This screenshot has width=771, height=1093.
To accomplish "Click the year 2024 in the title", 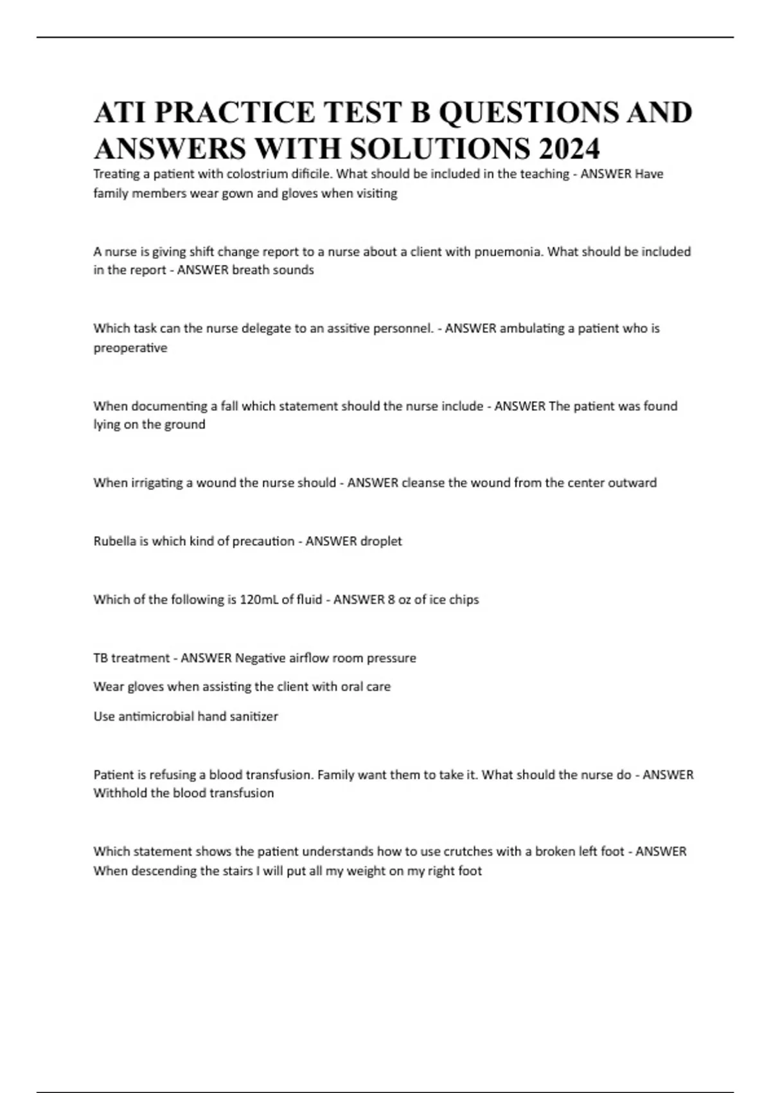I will [569, 149].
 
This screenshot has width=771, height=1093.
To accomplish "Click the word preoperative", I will [130, 348].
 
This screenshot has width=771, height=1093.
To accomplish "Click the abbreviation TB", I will [100, 658].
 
